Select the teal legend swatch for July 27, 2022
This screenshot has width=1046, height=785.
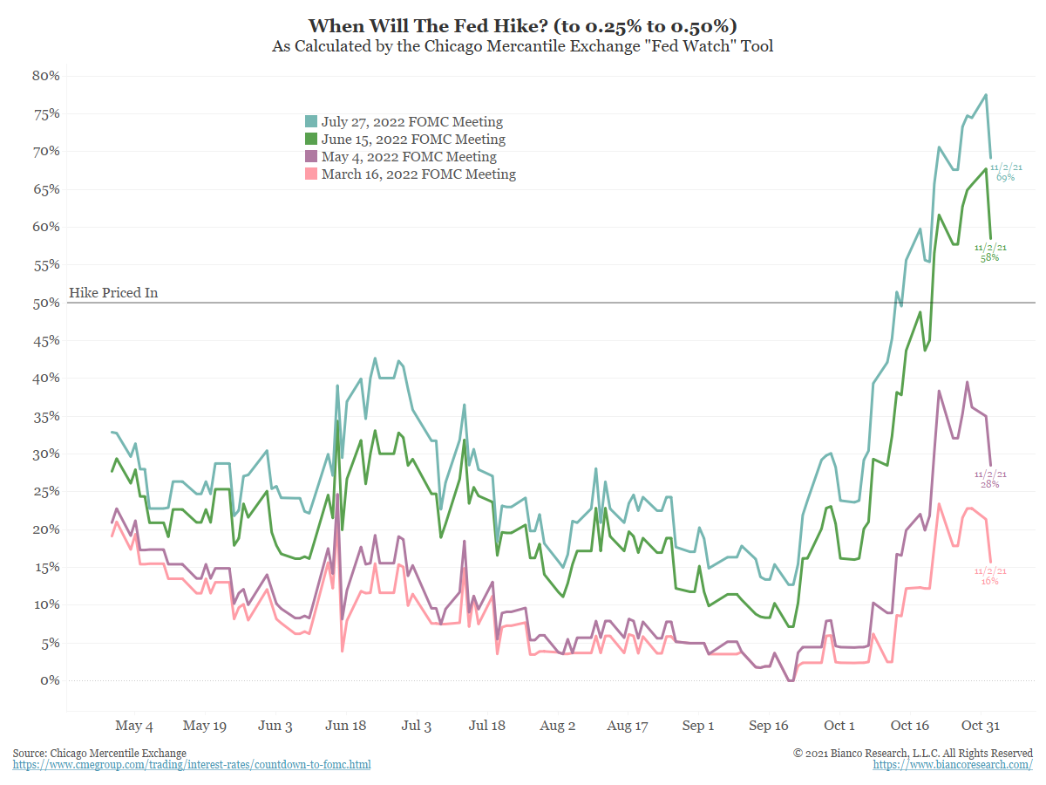click(311, 122)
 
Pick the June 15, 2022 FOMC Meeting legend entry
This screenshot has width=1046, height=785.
click(412, 140)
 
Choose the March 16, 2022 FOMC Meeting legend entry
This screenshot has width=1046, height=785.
click(418, 174)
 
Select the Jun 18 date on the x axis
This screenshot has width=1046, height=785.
click(345, 726)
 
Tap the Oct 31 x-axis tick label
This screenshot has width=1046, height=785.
click(979, 726)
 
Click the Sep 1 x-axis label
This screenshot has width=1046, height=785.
click(698, 726)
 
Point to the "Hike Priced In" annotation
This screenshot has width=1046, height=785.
click(113, 293)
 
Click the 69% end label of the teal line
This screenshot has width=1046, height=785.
click(1005, 177)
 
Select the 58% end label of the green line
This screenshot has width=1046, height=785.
click(990, 257)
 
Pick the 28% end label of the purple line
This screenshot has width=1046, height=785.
click(990, 483)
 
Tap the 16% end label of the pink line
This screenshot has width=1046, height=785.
click(990, 580)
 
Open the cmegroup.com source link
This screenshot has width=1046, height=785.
click(192, 765)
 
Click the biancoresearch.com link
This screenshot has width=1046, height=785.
click(953, 765)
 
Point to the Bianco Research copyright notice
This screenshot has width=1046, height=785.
click(913, 753)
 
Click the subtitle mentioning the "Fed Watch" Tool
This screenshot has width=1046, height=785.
click(523, 46)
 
